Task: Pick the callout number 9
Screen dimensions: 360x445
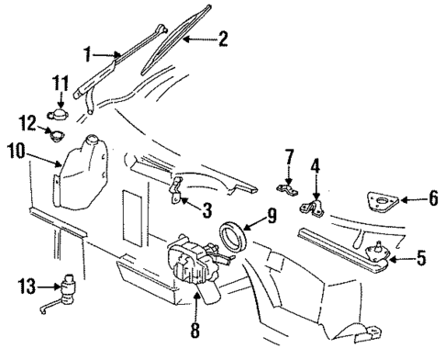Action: (x=272, y=218)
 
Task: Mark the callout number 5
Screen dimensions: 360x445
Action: (x=421, y=258)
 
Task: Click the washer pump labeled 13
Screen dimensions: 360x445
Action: (x=68, y=287)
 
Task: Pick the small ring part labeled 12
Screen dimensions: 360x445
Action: (x=56, y=141)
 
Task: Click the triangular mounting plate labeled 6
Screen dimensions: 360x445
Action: (x=378, y=201)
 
